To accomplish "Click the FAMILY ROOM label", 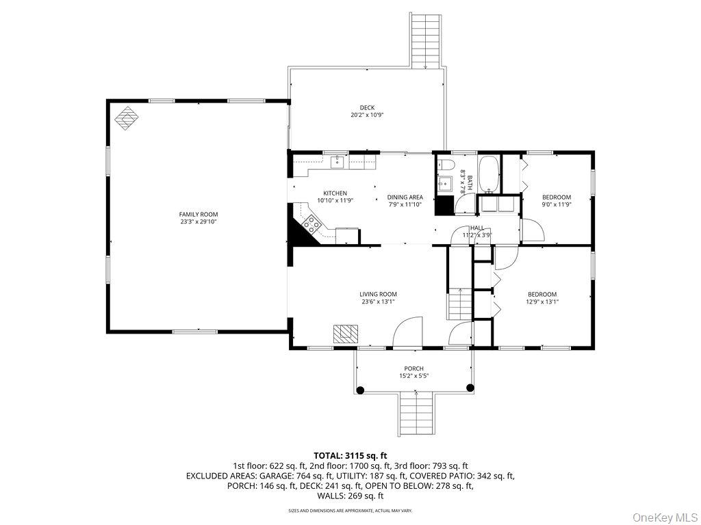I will pos(199,214).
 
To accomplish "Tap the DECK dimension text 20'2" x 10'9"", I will pos(367,115).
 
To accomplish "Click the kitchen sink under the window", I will pos(337,162).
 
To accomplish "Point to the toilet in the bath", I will pos(446,164).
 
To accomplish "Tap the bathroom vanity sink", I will pos(443,184).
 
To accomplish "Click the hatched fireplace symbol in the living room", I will pos(346,333).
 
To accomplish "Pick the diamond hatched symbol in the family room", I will pos(125,118).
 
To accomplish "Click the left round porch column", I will pos(361,390).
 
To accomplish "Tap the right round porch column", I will pos(470,388).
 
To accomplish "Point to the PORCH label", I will pos(413,368).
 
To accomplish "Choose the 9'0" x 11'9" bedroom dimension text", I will pos(557,204).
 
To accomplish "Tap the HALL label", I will pos(477,228).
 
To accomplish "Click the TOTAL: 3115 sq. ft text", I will pos(350,455).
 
